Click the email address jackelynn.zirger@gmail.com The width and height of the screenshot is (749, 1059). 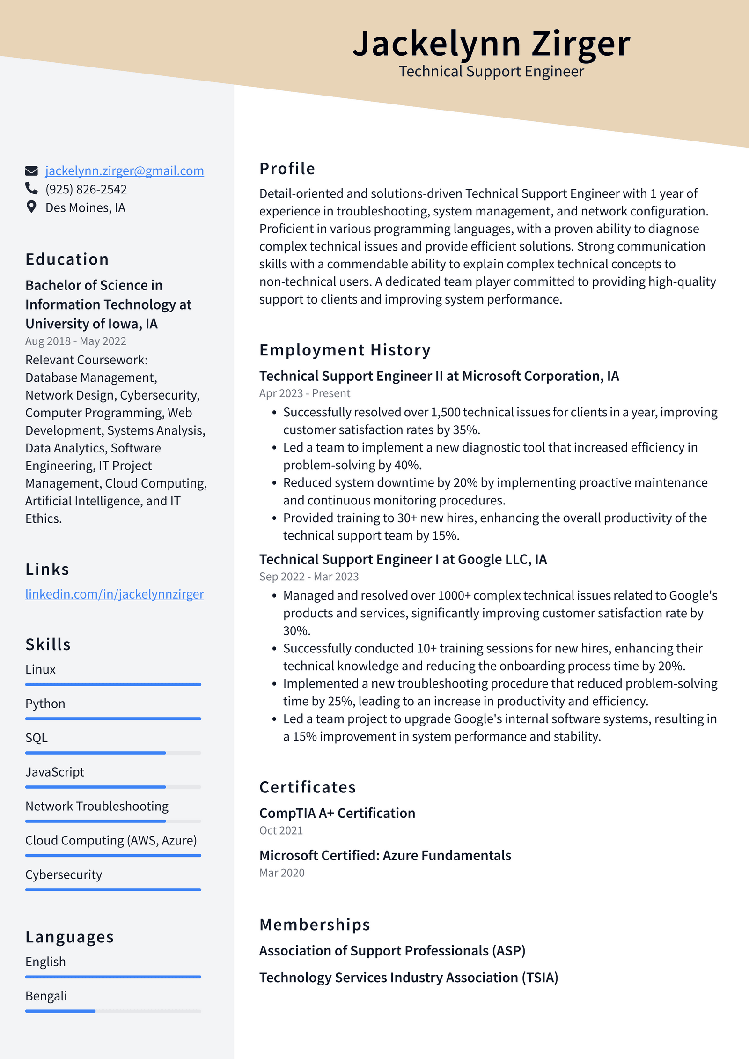(124, 171)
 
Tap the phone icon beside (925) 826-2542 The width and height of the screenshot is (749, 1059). (31, 189)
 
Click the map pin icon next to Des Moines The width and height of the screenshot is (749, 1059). (31, 207)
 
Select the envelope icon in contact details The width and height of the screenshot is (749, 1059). (31, 171)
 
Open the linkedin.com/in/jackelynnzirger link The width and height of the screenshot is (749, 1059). (114, 594)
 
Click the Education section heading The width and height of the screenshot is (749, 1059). (67, 259)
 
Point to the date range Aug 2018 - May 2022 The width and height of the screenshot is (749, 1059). (76, 341)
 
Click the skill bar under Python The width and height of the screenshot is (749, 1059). (113, 718)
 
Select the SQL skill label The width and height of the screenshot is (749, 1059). (37, 738)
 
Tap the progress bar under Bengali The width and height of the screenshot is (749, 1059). (113, 1011)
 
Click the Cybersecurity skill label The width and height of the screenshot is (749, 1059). (64, 875)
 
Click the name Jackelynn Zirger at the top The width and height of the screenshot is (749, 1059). (491, 44)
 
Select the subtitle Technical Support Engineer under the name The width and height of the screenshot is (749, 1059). (491, 72)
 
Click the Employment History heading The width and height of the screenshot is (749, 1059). (345, 350)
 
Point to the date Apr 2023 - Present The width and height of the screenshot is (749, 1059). (305, 393)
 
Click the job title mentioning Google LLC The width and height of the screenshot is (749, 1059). (403, 559)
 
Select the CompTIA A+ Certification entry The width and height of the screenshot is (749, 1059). (337, 814)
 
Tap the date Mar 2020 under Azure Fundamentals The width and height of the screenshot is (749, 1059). (282, 873)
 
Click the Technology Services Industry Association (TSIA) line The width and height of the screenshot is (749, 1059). (409, 978)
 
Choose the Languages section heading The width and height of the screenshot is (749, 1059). (70, 937)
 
